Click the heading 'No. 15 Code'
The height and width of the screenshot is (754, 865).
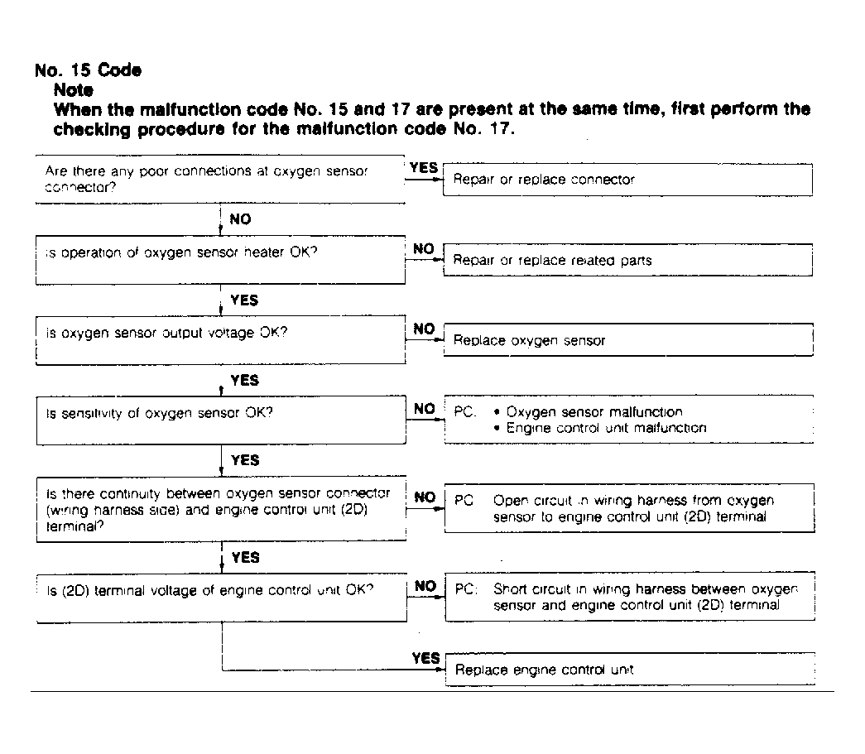pyautogui.click(x=89, y=70)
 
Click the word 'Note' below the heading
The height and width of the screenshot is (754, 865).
pyautogui.click(x=73, y=89)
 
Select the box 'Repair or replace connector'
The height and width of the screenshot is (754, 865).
pyautogui.click(x=627, y=180)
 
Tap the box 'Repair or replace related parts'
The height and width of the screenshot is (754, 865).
pyautogui.click(x=627, y=260)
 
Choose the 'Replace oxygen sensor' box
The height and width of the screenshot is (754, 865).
pyautogui.click(x=627, y=340)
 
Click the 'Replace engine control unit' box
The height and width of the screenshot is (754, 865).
pyautogui.click(x=627, y=670)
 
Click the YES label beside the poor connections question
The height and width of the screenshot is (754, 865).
pyautogui.click(x=423, y=168)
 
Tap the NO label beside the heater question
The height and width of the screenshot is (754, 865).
pyautogui.click(x=424, y=248)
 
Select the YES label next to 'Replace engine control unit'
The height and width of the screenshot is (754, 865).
pyautogui.click(x=425, y=658)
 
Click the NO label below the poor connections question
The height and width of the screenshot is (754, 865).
pyautogui.click(x=239, y=219)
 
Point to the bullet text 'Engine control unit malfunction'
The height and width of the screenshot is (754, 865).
pyautogui.click(x=607, y=428)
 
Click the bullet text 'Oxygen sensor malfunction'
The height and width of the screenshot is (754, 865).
pyautogui.click(x=594, y=411)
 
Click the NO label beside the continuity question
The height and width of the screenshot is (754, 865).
pyautogui.click(x=425, y=497)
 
